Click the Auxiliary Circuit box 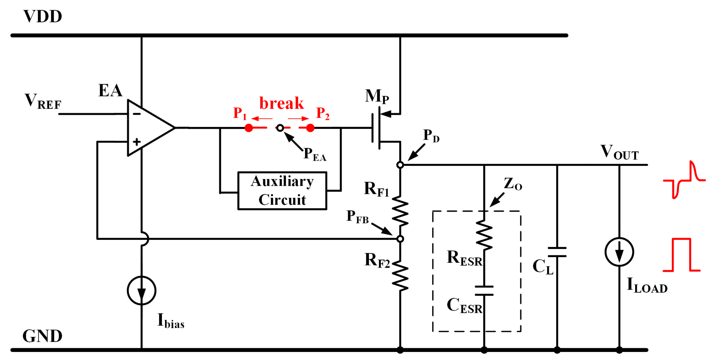click(282, 191)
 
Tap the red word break click(281, 103)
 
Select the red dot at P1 click(249, 128)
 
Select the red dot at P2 click(310, 128)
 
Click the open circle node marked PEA click(280, 128)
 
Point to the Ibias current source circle click(141, 290)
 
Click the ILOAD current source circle click(619, 252)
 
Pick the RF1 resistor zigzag click(400, 211)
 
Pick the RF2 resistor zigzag click(400, 276)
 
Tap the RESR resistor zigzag click(484, 235)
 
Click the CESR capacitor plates click(484, 291)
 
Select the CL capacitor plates click(557, 252)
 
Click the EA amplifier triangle click(148, 128)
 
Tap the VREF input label click(43, 102)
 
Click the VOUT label click(619, 152)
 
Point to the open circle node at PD click(400, 165)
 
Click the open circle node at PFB click(400, 239)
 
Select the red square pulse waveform click(681, 255)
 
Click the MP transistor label click(377, 96)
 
